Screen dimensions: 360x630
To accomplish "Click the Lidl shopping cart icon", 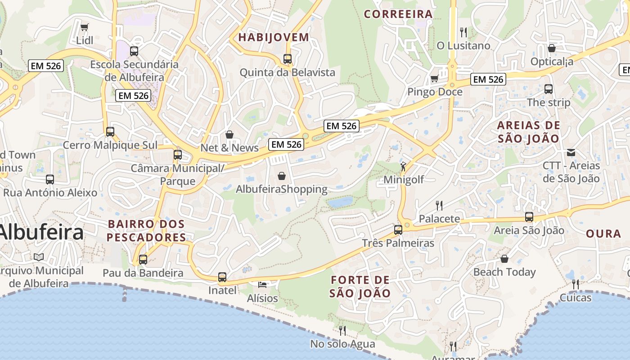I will point(85,27).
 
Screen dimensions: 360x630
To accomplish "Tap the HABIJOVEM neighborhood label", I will point(274,37).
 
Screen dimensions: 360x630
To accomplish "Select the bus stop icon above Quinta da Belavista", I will point(288,59).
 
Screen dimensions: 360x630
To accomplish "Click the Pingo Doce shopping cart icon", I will point(434,79).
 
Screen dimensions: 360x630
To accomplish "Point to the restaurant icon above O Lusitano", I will point(463,32).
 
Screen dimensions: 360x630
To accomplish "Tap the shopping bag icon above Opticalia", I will point(552,48).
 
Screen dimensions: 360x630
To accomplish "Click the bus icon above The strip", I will point(549,89).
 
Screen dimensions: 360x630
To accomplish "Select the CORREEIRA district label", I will point(398,14).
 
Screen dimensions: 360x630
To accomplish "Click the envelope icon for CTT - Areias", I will point(571,153).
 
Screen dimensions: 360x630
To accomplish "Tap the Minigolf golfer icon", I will point(403,167).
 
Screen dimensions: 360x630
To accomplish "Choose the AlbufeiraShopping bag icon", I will point(282,176).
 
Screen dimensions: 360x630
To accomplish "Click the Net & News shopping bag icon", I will point(229,135).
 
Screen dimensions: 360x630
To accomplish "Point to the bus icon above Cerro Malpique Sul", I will point(110,132).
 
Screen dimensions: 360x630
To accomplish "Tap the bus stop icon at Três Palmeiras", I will point(398,230).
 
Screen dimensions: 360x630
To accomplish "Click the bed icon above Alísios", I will point(262,285).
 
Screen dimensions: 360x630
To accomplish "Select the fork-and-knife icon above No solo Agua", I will point(342,331).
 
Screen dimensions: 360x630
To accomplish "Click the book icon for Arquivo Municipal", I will point(39,257).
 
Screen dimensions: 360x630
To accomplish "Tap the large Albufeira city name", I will point(41,233).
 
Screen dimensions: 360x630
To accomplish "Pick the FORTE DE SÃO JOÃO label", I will point(360,287).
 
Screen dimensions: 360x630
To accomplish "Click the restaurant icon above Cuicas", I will point(576,284).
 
